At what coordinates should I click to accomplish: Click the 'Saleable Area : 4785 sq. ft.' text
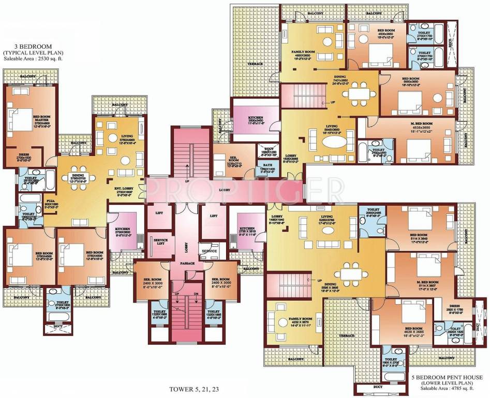coord(451,389)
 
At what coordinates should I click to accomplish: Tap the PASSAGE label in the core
coord(187,263)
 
